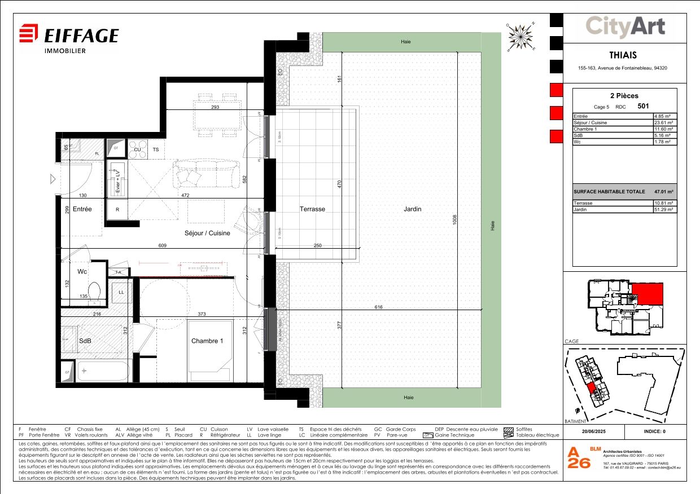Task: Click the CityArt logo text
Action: pyautogui.click(x=624, y=27)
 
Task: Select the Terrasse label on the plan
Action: pyautogui.click(x=312, y=209)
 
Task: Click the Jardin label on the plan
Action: pyautogui.click(x=412, y=209)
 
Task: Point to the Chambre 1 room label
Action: pyautogui.click(x=207, y=341)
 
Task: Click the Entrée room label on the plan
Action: pyautogui.click(x=82, y=209)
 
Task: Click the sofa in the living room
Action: pyautogui.click(x=206, y=174)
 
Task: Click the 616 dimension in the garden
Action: pyautogui.click(x=378, y=307)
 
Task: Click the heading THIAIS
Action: pyautogui.click(x=623, y=55)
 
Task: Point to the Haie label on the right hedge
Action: pyautogui.click(x=493, y=225)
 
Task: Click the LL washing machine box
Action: pyautogui.click(x=121, y=292)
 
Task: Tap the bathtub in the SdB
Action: pyautogui.click(x=104, y=371)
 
